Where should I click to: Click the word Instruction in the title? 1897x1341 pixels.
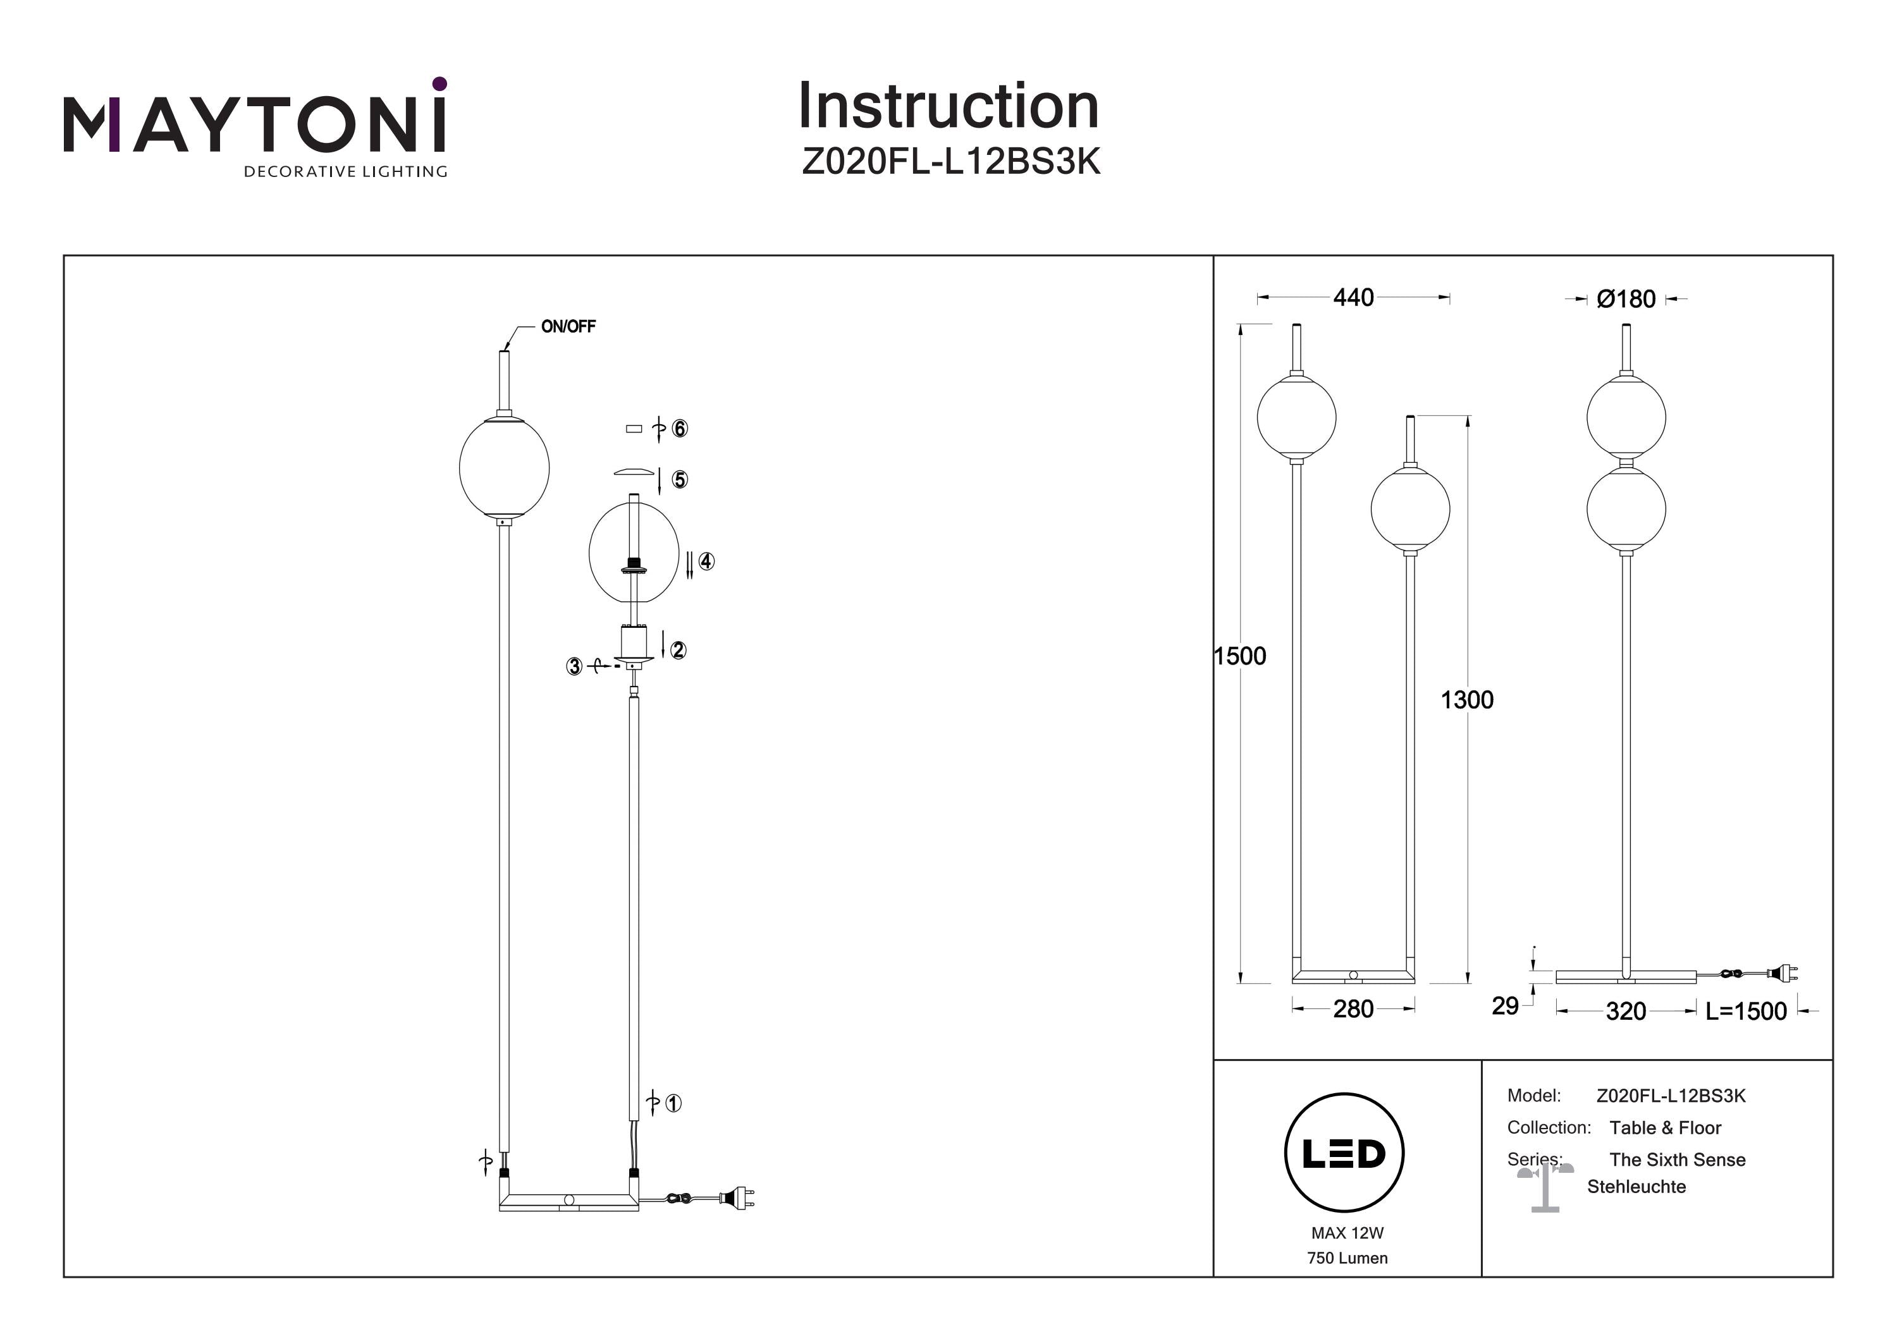[x=948, y=107]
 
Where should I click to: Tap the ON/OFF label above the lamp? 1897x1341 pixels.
[x=568, y=326]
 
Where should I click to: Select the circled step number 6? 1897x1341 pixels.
[x=679, y=429]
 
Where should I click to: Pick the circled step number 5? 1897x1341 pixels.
[x=679, y=480]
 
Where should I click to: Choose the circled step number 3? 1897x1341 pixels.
[x=574, y=666]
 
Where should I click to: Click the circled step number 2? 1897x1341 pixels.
[x=677, y=650]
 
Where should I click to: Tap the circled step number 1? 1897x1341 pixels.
[x=673, y=1103]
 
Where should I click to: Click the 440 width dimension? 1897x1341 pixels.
[x=1353, y=297]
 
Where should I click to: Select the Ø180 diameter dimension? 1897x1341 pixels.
[x=1625, y=299]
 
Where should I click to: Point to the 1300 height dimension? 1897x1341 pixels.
[x=1466, y=700]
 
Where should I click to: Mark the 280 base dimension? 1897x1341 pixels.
[x=1353, y=1009]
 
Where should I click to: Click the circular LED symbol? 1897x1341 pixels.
[x=1344, y=1153]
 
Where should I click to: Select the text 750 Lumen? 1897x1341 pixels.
[x=1347, y=1258]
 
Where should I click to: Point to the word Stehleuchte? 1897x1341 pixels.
[x=1636, y=1187]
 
